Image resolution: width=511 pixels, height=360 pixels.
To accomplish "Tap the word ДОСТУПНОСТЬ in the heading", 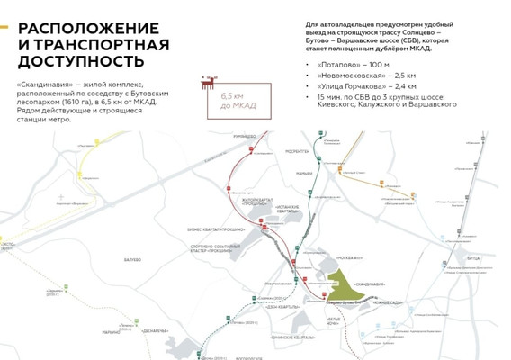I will (81, 61).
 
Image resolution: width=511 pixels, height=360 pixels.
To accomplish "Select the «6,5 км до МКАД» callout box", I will (238, 100).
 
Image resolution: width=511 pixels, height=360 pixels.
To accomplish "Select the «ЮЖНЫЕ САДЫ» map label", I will (386, 303).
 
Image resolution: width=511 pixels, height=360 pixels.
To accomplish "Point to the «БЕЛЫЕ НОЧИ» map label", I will (332, 320).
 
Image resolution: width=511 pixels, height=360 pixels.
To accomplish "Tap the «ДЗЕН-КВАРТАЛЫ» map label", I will (287, 307).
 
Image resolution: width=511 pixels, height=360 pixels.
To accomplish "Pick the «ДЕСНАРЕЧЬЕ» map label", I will (155, 330).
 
